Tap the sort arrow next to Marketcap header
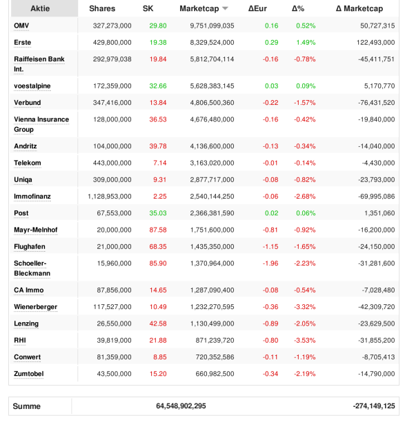[x=225, y=9]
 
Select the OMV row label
[x=21, y=26]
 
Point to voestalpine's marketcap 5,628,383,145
[x=206, y=86]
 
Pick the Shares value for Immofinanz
[x=105, y=197]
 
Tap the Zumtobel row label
[x=29, y=374]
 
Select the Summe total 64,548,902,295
[x=181, y=406]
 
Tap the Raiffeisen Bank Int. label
[x=39, y=64]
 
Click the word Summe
[x=27, y=406]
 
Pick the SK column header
[x=148, y=9]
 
